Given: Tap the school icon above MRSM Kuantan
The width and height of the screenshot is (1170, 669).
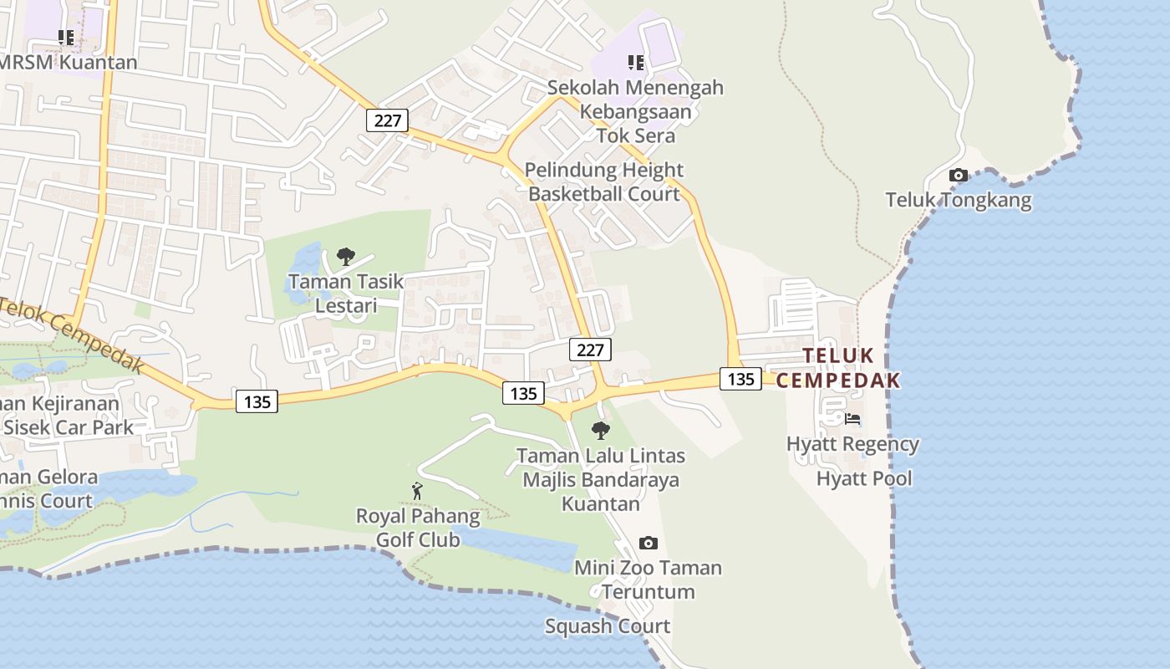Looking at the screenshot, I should point(66,38).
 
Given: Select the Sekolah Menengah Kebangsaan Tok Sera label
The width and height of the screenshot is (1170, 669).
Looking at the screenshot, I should point(636,111).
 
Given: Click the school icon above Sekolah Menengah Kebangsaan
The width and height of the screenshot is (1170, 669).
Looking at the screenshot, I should point(636,63).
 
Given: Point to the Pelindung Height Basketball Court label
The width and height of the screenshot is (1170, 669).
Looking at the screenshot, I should point(604,182).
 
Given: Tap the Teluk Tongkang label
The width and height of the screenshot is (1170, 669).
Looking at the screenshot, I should point(959,201).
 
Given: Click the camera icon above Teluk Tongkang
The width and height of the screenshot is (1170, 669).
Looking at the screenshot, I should point(959,176).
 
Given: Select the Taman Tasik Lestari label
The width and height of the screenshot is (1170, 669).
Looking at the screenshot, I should point(346,294).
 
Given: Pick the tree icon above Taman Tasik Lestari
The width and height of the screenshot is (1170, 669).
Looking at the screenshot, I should point(345,257).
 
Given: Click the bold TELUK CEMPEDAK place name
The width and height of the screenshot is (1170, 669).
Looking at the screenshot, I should point(838,368).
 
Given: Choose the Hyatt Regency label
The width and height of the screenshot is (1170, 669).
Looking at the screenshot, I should point(852,444).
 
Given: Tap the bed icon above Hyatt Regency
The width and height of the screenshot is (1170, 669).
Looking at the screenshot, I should point(852,419).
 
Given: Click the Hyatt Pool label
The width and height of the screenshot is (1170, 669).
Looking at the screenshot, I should point(864,478).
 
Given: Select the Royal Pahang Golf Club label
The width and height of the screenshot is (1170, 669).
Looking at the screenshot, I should point(418,528).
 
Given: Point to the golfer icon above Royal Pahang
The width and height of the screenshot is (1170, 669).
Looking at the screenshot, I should point(417,492).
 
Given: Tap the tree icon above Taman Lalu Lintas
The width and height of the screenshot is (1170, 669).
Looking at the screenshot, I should point(600,432).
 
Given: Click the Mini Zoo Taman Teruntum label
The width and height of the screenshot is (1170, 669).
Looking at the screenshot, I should point(648,580).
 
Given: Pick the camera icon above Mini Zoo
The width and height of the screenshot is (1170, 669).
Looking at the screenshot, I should point(648,544).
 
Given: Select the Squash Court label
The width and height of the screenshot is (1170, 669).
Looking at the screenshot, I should point(608,626).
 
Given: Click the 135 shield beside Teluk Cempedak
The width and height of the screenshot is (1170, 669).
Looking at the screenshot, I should point(740,379).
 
